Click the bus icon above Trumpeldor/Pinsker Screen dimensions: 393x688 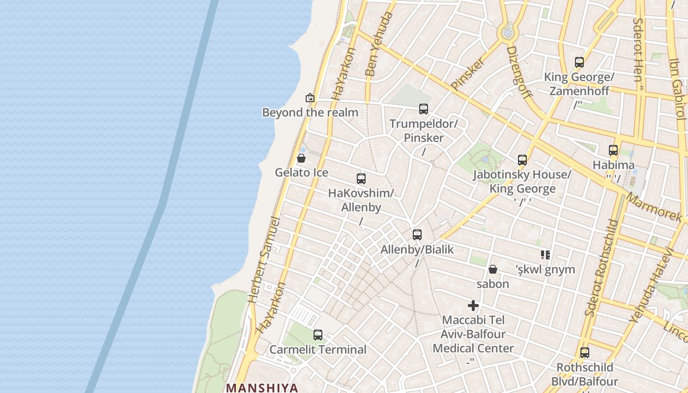click(424, 109)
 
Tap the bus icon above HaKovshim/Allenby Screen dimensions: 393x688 click(361, 179)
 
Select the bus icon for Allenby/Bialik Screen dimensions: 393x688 click(417, 235)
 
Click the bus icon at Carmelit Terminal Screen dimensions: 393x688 click(318, 335)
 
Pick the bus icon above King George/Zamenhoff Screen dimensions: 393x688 click(579, 62)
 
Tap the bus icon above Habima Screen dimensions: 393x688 click(613, 150)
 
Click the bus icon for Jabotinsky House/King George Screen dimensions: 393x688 click(522, 160)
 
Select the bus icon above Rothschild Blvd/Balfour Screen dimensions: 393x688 click(585, 353)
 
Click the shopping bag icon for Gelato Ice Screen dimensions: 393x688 click(301, 158)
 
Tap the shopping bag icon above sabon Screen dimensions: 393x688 click(493, 269)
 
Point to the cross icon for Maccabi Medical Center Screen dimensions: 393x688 click(473, 306)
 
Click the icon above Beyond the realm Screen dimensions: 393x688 click(310, 98)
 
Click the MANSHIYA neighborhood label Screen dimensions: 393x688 click(262, 388)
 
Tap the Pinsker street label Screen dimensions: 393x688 click(467, 74)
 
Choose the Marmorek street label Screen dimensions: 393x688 click(654, 208)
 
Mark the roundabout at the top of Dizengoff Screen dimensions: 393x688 click(508, 33)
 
